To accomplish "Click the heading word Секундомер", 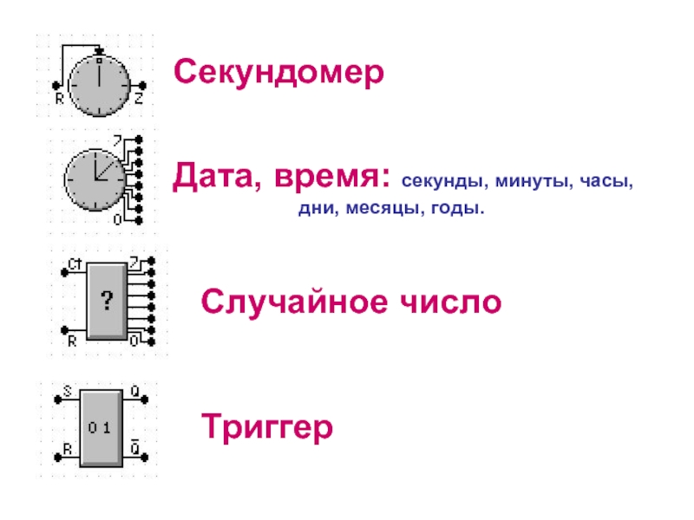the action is point(278,72).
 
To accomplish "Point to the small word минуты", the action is point(522,183).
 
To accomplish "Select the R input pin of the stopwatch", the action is point(56,86).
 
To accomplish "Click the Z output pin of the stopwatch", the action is point(144,86).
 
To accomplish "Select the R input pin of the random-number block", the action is point(64,329).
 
